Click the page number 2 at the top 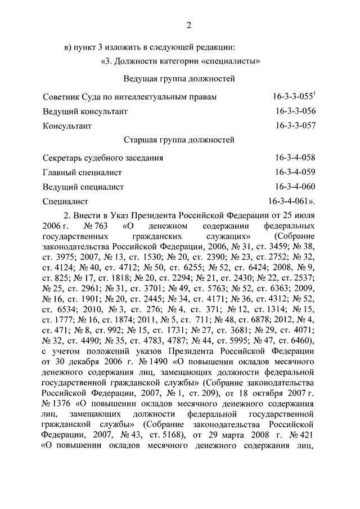click(x=189, y=25)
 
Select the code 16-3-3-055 click(x=291, y=97)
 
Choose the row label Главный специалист click(x=82, y=173)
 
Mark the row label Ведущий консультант click(x=85, y=112)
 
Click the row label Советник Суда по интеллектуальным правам click(x=129, y=98)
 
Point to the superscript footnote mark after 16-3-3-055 click(x=314, y=94)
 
